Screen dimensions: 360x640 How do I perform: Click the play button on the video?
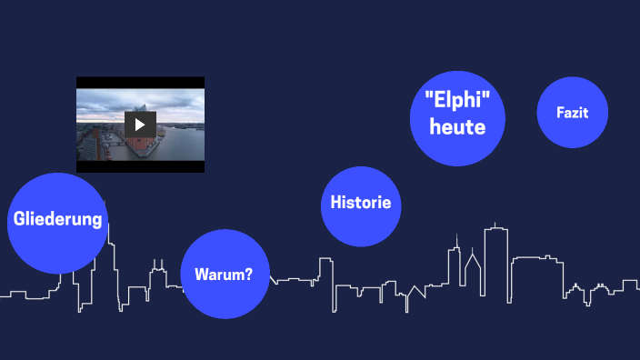tap(140, 125)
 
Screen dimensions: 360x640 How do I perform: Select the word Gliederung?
tap(58, 219)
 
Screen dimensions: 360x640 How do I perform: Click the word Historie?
tap(361, 202)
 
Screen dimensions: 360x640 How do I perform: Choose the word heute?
tap(456, 126)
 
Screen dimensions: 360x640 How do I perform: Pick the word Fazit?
tap(573, 113)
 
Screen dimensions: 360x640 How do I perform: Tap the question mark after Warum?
tap(248, 274)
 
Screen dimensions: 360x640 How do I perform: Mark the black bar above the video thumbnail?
tap(140, 82)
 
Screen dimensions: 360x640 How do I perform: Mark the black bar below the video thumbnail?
tap(140, 166)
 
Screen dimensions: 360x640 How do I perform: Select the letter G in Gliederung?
tap(19, 219)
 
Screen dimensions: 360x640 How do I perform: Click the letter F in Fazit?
tap(560, 113)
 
